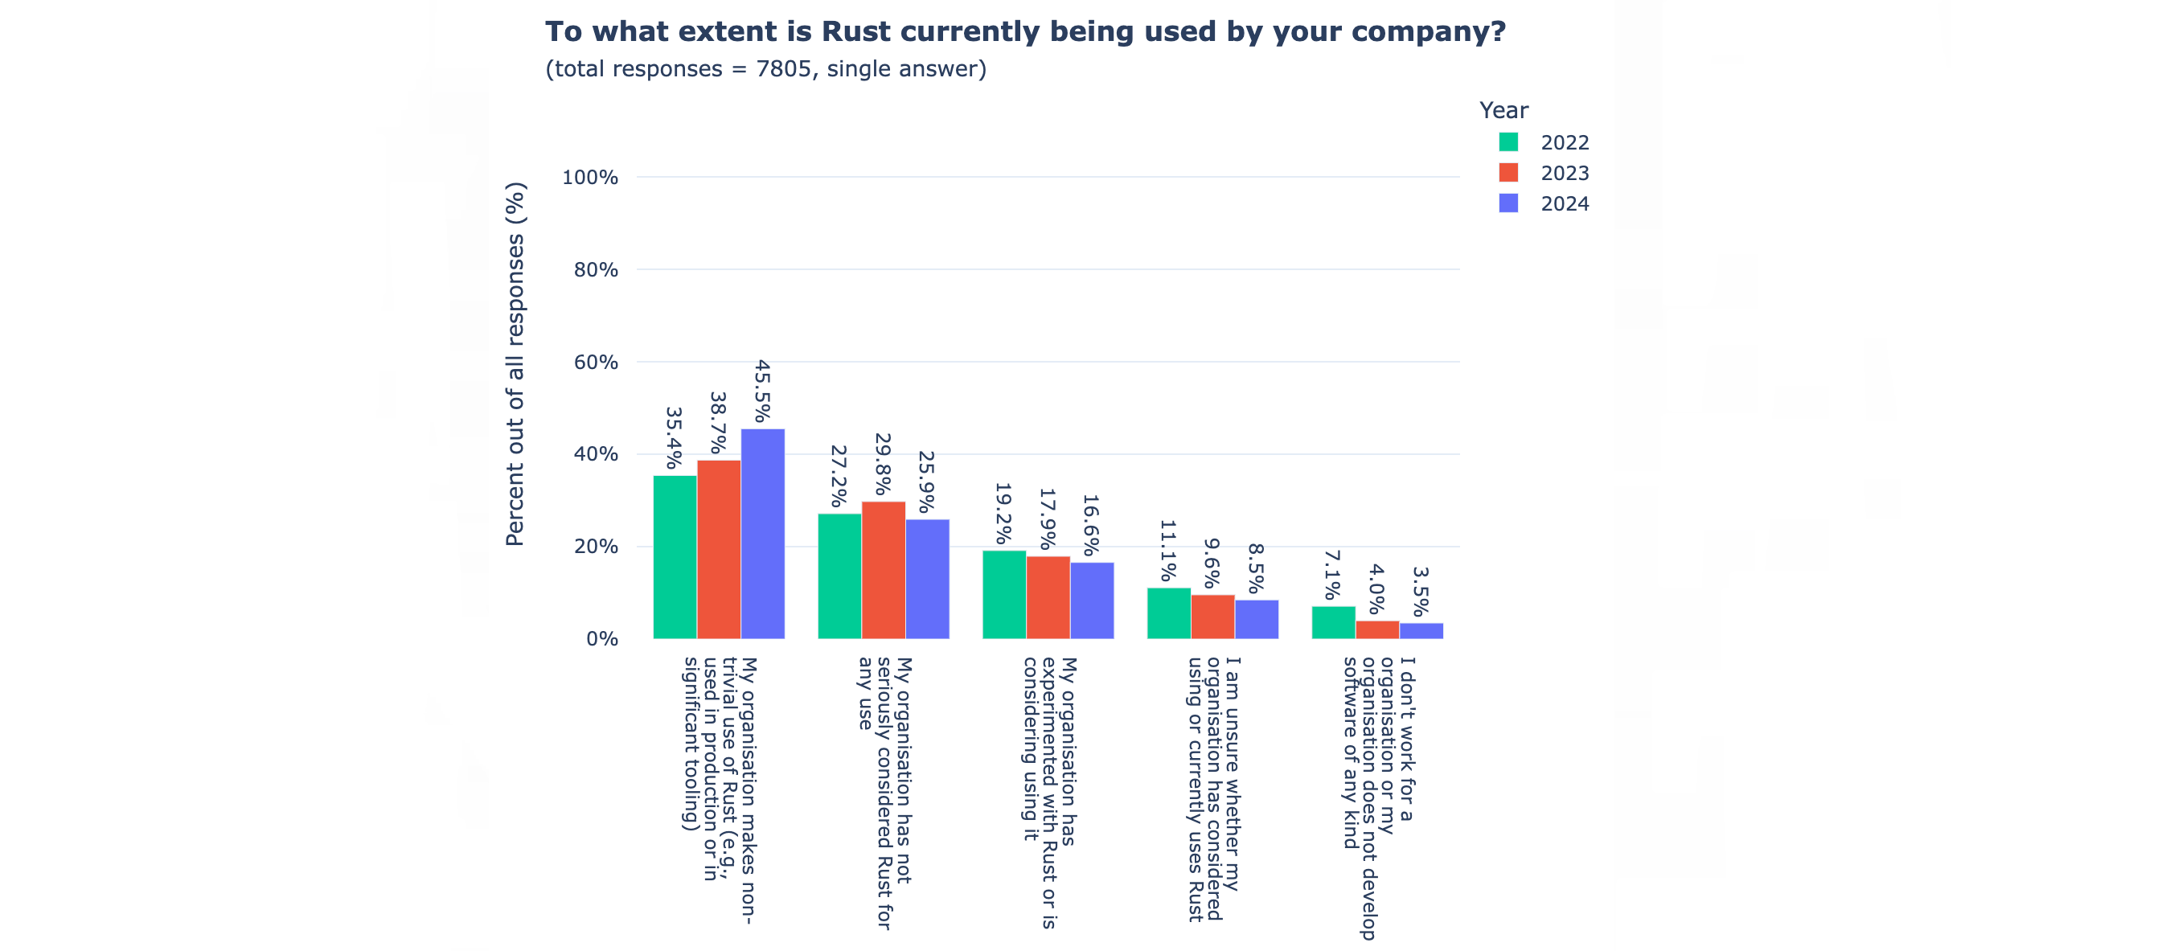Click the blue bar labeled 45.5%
762,533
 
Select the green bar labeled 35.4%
675,557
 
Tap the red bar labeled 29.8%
883,570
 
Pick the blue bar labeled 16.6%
1091,600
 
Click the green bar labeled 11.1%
1168,613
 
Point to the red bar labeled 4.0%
1376,629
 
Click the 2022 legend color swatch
1508,141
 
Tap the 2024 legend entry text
1564,204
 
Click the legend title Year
1503,111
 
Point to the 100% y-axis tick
590,177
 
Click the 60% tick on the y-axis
595,362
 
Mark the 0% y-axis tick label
601,639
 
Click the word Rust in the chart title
855,32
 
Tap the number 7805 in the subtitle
783,69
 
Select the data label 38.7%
718,422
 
